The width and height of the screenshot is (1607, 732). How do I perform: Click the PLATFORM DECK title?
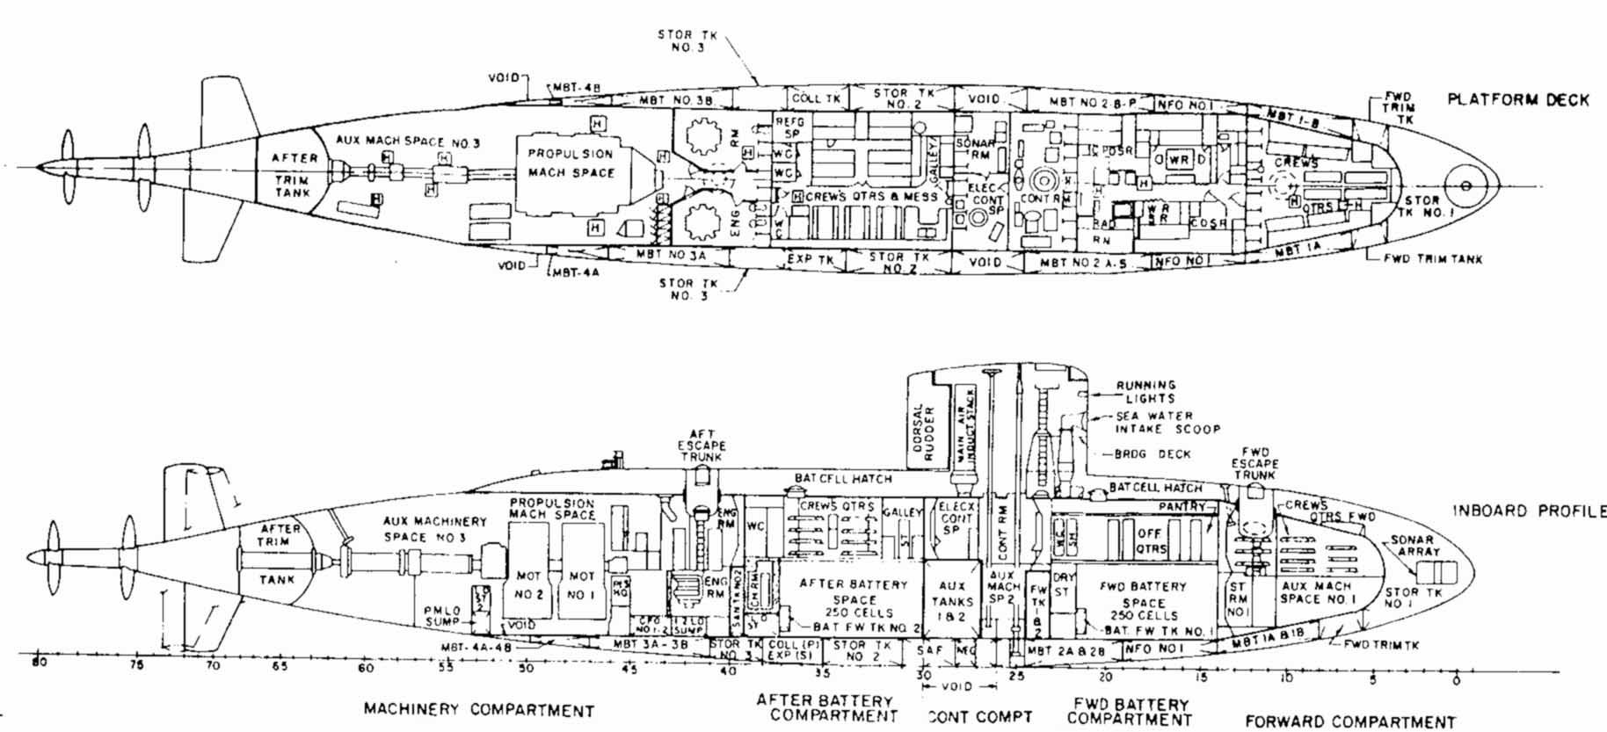[x=1518, y=99]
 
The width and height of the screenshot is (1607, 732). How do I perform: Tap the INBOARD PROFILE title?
[x=1529, y=511]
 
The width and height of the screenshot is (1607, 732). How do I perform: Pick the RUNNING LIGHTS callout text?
[x=1145, y=391]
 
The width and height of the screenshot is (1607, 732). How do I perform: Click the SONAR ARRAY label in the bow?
[x=1413, y=546]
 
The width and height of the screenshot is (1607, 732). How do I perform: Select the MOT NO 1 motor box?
[x=582, y=583]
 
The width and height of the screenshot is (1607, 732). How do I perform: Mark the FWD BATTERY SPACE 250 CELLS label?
[x=1144, y=601]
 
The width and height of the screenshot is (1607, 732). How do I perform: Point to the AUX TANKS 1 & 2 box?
[x=952, y=602]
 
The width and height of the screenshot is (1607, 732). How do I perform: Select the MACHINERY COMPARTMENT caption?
[x=479, y=711]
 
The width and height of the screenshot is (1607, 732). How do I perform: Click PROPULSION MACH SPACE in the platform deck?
[x=571, y=163]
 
